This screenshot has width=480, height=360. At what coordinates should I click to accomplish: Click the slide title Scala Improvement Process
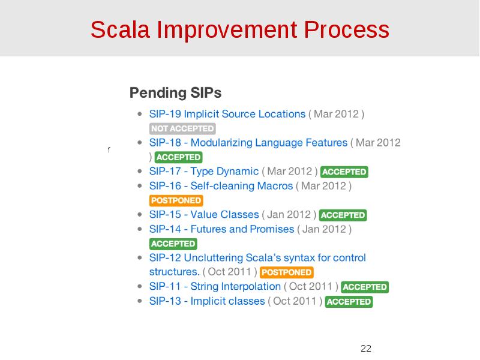point(240,29)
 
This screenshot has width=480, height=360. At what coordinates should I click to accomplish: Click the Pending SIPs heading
point(175,93)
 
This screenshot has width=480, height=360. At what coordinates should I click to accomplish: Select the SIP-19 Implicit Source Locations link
point(227,114)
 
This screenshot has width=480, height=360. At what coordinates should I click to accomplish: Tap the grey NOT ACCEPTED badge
point(182,128)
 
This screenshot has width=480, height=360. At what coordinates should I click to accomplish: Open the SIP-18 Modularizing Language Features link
point(248,143)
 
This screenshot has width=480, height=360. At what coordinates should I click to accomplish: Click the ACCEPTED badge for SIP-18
point(178,157)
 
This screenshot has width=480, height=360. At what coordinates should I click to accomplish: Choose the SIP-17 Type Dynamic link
point(203,172)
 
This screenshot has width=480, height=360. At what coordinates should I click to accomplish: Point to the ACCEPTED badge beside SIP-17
point(344,172)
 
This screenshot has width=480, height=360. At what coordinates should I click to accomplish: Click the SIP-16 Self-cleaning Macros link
point(221,186)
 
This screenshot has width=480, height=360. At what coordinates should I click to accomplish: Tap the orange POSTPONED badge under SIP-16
point(176,200)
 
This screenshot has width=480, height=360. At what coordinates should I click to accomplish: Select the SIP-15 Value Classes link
point(204,215)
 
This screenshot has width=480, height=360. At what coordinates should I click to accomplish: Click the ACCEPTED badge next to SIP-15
point(343,215)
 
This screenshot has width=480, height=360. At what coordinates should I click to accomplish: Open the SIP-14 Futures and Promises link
point(221,229)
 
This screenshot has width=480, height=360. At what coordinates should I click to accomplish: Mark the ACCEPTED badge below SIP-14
point(173,244)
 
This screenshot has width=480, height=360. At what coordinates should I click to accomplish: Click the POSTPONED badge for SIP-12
point(287,272)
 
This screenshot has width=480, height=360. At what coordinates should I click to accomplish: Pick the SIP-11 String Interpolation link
point(214,287)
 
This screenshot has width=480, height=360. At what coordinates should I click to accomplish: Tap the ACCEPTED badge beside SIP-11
point(365,287)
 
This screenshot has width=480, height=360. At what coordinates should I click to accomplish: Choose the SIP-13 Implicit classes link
point(206,301)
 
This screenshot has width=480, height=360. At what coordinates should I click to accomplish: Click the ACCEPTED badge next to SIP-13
point(349,302)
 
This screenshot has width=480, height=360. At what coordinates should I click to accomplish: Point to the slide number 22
point(366,349)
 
